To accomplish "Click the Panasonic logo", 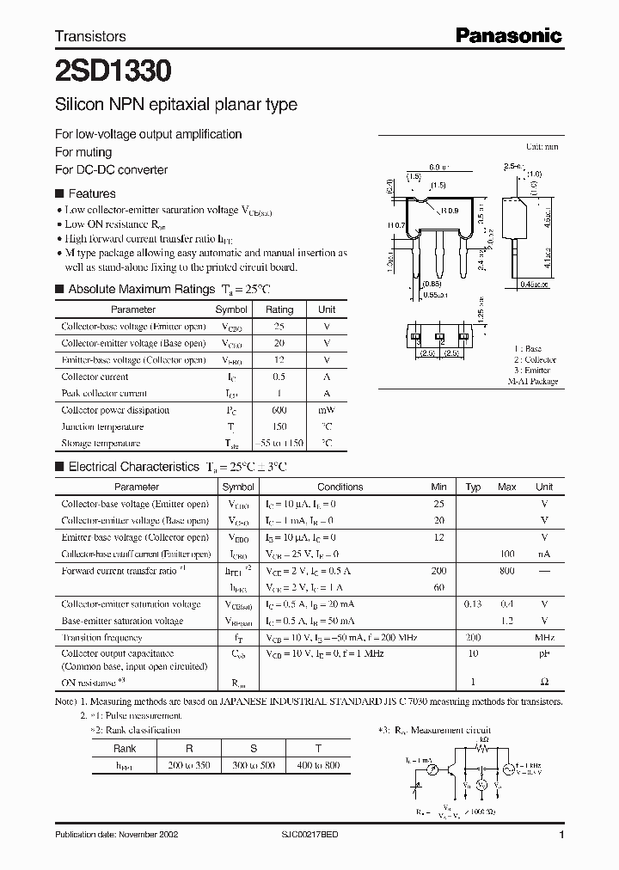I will pos(508,35).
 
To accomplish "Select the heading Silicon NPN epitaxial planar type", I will pos(176,105).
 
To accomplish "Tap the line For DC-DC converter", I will pos(111,169).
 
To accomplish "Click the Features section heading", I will pos(91,194).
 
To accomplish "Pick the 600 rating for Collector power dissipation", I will pos(279,410).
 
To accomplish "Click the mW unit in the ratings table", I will pos(327,410).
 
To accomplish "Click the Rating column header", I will pos(279,309).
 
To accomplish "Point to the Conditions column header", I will pos(340,487).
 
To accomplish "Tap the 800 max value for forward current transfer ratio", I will pos(507,571).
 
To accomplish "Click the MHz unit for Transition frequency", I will pos(544,638).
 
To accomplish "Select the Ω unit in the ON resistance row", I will pos(544,682).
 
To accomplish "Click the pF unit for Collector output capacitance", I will pos(544,654).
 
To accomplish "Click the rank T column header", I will pos(320,747).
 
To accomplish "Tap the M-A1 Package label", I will pos(532,381).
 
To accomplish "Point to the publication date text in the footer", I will pos(115,836).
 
